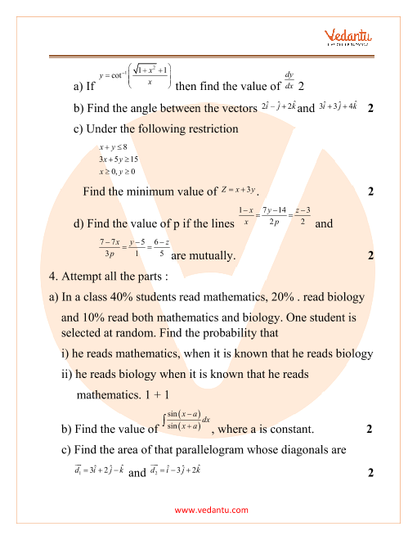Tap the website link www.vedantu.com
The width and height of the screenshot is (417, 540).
212,511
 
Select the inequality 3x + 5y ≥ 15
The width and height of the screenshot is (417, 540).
119,160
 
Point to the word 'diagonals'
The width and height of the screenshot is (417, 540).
296,449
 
